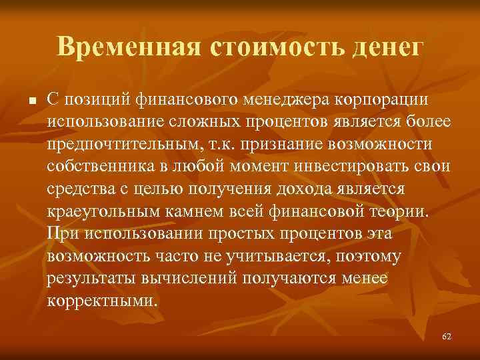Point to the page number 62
tap(446, 337)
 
